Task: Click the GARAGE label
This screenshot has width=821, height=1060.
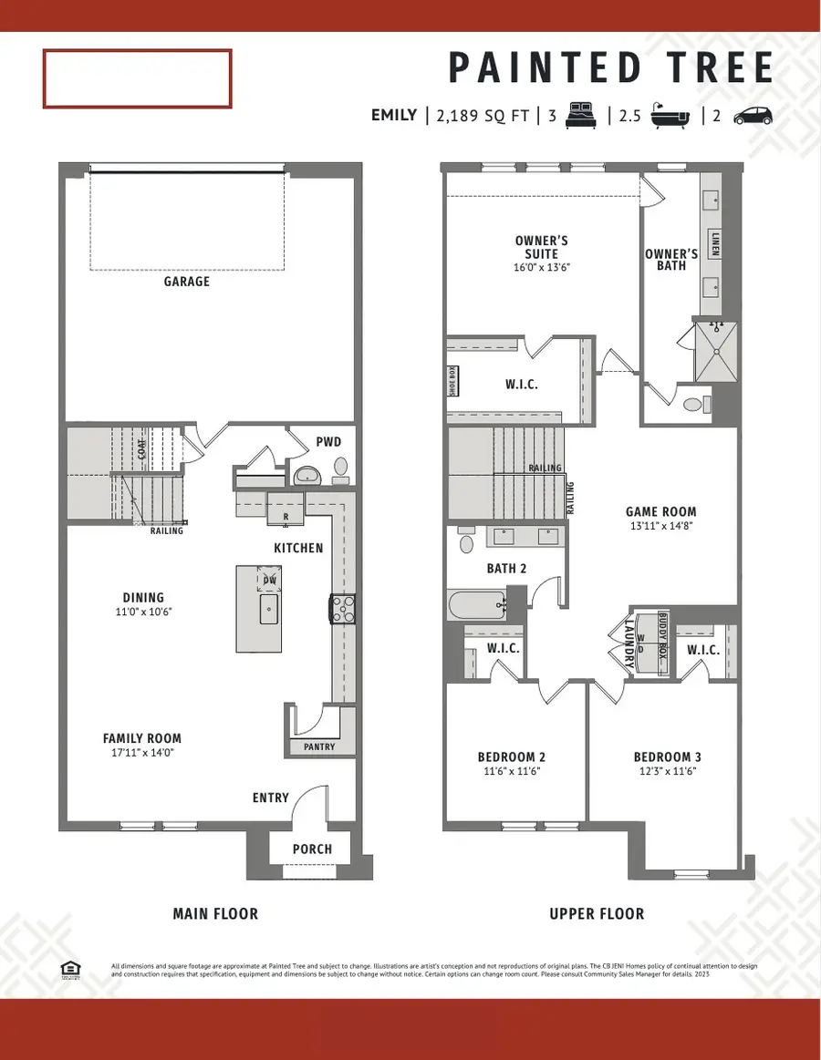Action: [x=187, y=282]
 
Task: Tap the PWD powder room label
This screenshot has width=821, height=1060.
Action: [x=328, y=442]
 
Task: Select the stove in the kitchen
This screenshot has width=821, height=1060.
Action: [x=343, y=609]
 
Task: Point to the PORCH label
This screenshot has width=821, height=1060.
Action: [x=312, y=849]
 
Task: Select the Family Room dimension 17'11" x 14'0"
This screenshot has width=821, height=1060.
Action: [x=141, y=754]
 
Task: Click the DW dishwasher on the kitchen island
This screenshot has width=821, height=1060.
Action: [x=269, y=580]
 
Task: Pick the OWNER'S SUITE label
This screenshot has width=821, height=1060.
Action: [x=542, y=248]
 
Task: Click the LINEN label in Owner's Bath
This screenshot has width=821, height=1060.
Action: [x=716, y=243]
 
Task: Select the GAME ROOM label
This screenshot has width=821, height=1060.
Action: [x=661, y=512]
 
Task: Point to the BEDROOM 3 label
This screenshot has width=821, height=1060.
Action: [x=668, y=756]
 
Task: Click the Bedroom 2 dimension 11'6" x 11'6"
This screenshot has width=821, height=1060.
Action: [x=511, y=771]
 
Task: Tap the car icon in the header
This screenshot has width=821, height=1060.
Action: [x=753, y=116]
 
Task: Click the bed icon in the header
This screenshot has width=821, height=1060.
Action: [x=581, y=116]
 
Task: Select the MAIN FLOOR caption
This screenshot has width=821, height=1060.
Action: [x=215, y=913]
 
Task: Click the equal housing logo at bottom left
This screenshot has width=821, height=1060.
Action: [x=68, y=968]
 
